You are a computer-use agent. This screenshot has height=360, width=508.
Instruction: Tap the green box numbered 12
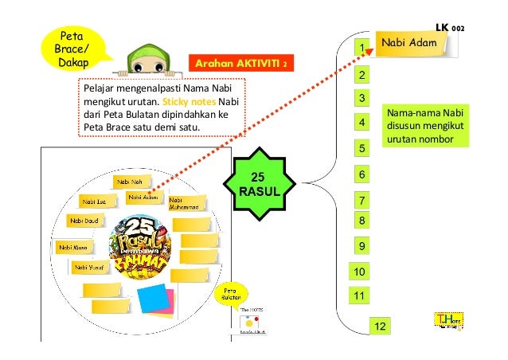pyautogui.click(x=380, y=327)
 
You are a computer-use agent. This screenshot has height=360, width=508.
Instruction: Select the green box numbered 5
pyautogui.click(x=361, y=149)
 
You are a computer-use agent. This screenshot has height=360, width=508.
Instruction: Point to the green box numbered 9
pyautogui.click(x=361, y=246)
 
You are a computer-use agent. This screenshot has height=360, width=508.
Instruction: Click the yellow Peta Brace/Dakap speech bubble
pyautogui.click(x=72, y=47)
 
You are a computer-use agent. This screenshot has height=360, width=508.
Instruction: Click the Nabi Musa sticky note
pyautogui.click(x=77, y=248)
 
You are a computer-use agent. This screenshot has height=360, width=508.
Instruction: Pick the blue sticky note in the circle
pyautogui.click(x=151, y=298)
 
